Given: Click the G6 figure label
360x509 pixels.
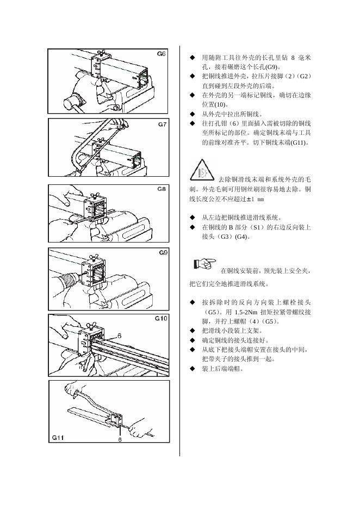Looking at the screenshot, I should [162, 54].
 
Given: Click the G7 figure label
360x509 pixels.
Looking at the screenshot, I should [162, 124].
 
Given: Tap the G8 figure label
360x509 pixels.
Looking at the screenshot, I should [162, 189].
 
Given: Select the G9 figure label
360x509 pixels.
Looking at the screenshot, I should [163, 253].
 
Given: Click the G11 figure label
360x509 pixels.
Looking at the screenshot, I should [59, 437].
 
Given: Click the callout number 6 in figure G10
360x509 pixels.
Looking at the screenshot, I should [119, 336].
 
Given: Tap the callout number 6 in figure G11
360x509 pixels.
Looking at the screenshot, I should [120, 441].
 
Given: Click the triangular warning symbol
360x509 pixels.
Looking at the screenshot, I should [202, 170].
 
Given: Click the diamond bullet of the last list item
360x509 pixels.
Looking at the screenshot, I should [192, 369].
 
